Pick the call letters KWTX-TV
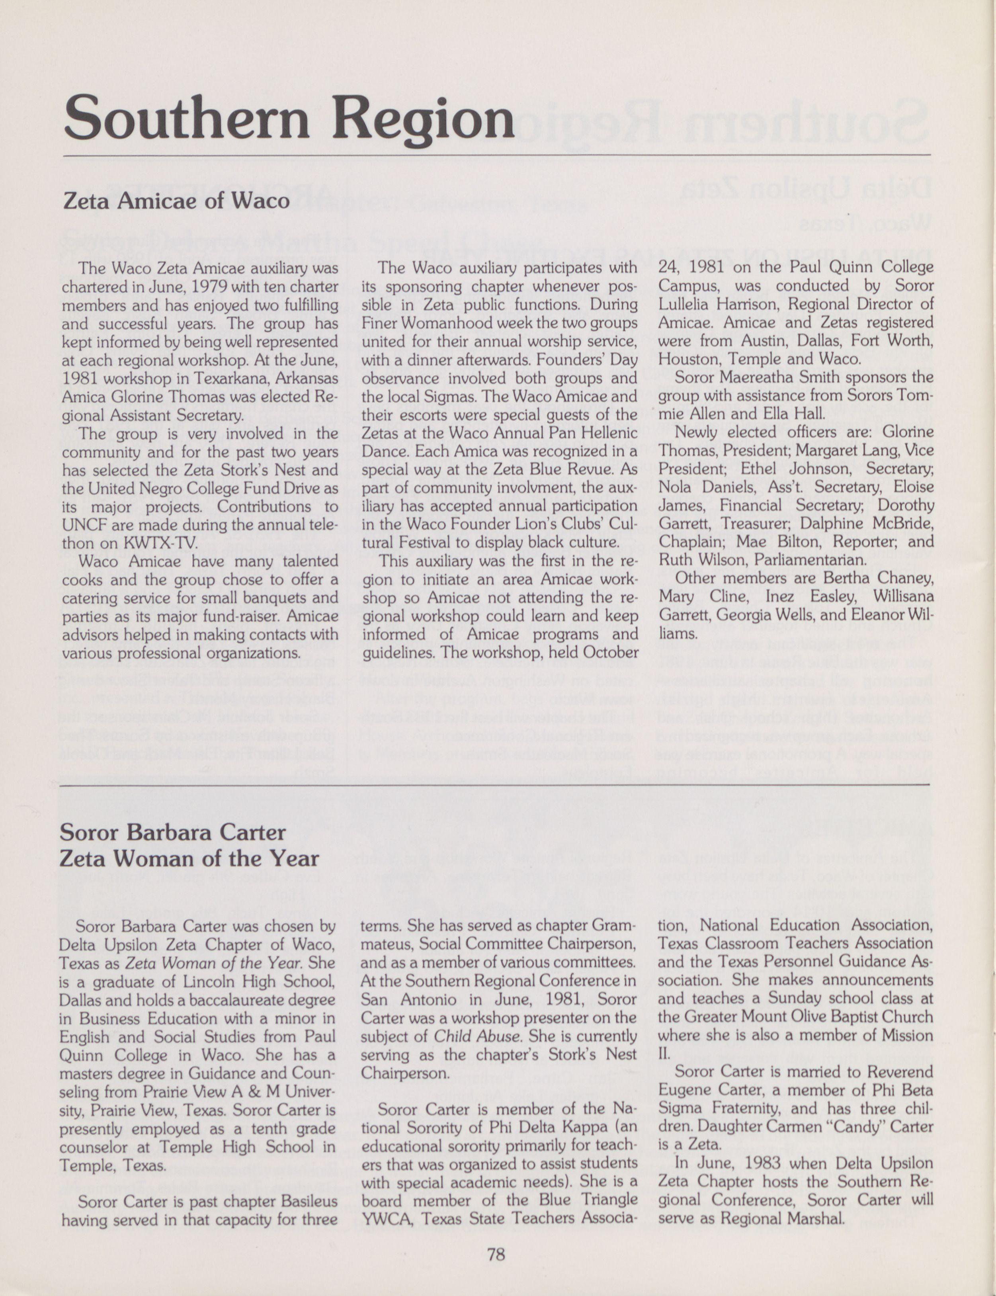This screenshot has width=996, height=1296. tap(159, 543)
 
